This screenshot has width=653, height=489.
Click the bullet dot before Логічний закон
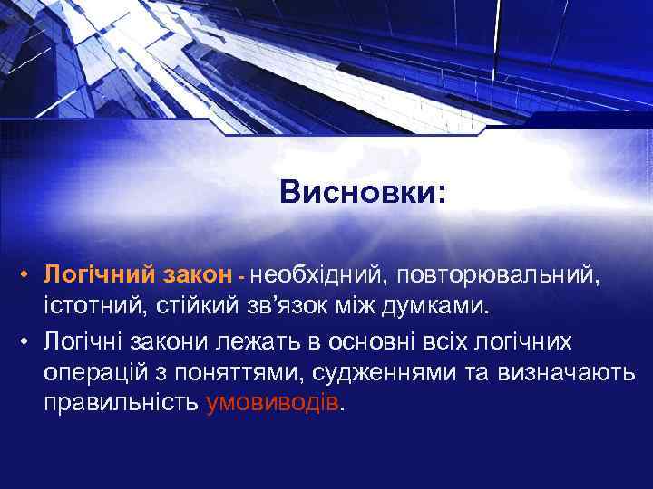tap(29, 273)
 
